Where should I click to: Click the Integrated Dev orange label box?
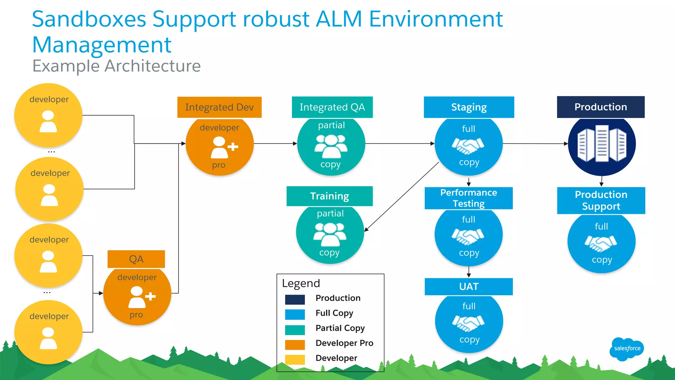219,107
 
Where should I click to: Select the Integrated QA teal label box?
332,107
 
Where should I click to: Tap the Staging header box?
469,107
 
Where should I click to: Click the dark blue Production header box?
601,107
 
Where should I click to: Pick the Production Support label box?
601,200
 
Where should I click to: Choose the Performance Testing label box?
468,198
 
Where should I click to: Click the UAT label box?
468,286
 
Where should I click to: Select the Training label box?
330,196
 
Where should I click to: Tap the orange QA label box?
136,259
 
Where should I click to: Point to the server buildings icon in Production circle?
602,144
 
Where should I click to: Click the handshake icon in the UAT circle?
468,323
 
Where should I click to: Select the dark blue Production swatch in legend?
295,299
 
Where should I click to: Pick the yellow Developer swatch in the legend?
295,359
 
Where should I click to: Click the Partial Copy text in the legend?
340,328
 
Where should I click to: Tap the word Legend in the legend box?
301,283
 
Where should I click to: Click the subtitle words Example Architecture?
116,66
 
